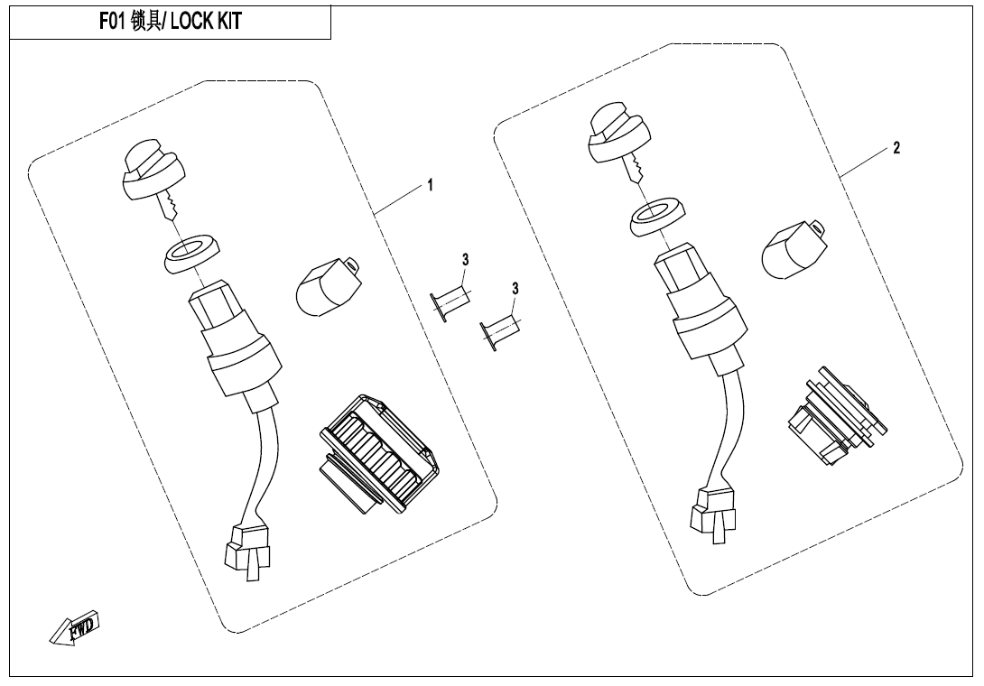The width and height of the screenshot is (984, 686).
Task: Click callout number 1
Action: pos(430,185)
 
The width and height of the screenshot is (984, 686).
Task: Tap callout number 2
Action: pos(896,148)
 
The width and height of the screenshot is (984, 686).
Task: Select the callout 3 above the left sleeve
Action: pos(465,260)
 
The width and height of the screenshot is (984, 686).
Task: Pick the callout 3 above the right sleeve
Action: pos(515,289)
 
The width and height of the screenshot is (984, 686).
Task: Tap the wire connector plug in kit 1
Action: pos(246,547)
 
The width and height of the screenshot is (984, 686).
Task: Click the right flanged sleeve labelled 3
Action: pos(499,332)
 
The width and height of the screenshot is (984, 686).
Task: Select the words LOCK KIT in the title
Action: pos(206,22)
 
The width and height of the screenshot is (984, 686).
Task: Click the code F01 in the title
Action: pos(113,22)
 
